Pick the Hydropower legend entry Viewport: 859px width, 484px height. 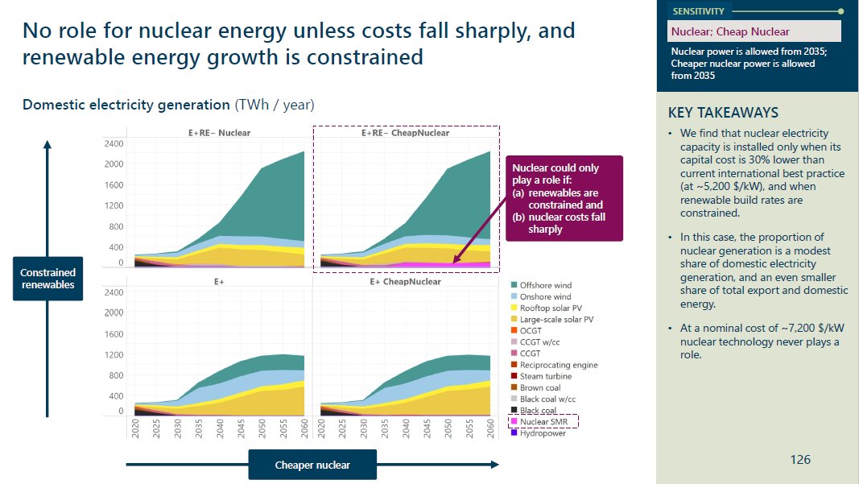543,433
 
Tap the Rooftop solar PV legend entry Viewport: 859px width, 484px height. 551,308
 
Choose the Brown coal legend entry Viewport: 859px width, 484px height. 541,387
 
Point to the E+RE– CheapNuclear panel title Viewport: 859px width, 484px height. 406,133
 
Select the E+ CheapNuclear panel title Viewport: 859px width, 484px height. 405,283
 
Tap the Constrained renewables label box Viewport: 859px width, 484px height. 47,279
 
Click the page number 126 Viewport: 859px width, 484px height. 800,460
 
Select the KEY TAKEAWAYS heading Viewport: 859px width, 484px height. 723,113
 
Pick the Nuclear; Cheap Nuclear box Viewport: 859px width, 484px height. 754,32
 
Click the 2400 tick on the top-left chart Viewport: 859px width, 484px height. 114,144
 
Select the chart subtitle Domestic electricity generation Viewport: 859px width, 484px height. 126,105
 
